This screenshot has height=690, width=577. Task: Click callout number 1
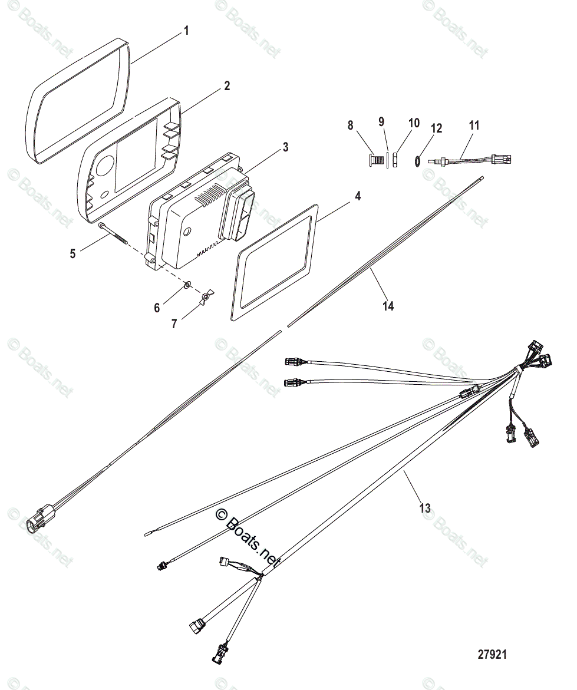tap(186, 30)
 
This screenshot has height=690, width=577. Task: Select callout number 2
tap(226, 86)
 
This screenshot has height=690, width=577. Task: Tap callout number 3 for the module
tap(285, 147)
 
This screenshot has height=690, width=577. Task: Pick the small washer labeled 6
tap(186, 285)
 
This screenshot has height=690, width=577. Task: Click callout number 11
tap(474, 125)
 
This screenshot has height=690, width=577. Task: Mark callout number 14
tap(388, 306)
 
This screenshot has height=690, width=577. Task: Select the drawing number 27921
tap(492, 655)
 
